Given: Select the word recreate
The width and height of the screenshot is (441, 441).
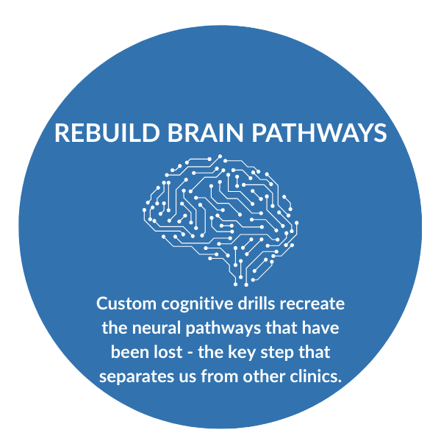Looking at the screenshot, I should [x=312, y=304].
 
